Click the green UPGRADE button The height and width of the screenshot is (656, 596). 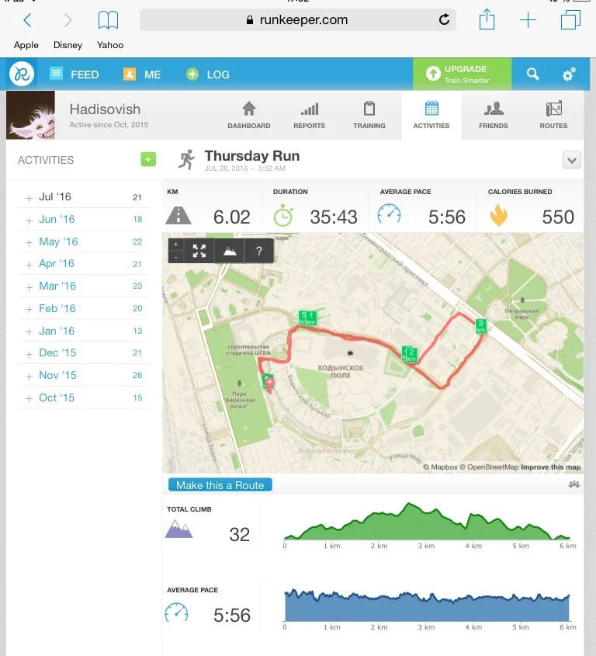pyautogui.click(x=462, y=75)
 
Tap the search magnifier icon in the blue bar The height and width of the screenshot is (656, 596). pyautogui.click(x=532, y=75)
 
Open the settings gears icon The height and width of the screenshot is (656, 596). pyautogui.click(x=569, y=75)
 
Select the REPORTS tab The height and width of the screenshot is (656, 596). pyautogui.click(x=309, y=115)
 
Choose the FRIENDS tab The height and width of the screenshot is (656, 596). pyautogui.click(x=493, y=115)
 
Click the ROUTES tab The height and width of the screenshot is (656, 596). pyautogui.click(x=553, y=115)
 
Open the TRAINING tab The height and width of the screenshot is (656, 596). pyautogui.click(x=369, y=115)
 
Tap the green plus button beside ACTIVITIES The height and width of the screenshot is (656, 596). pyautogui.click(x=148, y=160)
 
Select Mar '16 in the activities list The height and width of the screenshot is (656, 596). pyautogui.click(x=58, y=286)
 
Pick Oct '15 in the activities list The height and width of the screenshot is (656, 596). pyautogui.click(x=57, y=397)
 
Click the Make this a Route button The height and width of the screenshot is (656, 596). pyautogui.click(x=220, y=485)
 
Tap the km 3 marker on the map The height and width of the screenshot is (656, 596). pyautogui.click(x=480, y=325)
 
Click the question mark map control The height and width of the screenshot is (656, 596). pyautogui.click(x=258, y=251)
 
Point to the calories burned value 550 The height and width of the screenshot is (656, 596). pyautogui.click(x=558, y=217)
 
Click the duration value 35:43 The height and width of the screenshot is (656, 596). pyautogui.click(x=334, y=217)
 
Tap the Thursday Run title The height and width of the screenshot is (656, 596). pyautogui.click(x=251, y=156)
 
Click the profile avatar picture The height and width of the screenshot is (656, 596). pyautogui.click(x=30, y=115)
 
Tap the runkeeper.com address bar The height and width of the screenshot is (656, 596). pyautogui.click(x=297, y=20)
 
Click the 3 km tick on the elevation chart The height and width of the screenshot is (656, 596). pyautogui.click(x=426, y=546)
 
